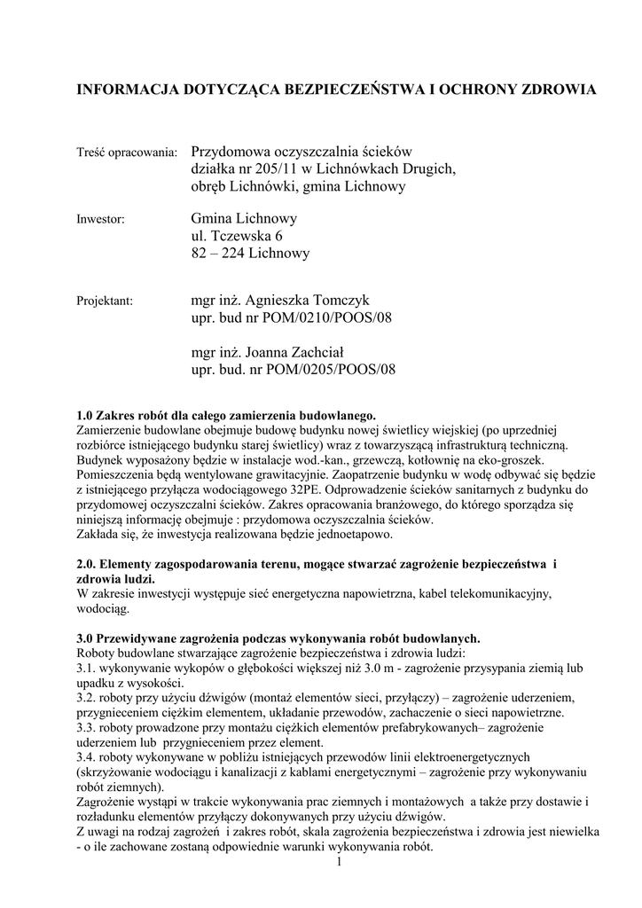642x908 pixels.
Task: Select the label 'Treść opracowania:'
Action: click(x=128, y=154)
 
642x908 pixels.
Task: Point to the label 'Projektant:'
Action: click(x=105, y=301)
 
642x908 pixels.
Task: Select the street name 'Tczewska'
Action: click(x=239, y=237)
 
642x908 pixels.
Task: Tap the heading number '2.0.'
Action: click(x=89, y=564)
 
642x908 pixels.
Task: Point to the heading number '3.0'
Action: click(x=87, y=638)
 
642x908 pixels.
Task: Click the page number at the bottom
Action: click(x=340, y=861)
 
